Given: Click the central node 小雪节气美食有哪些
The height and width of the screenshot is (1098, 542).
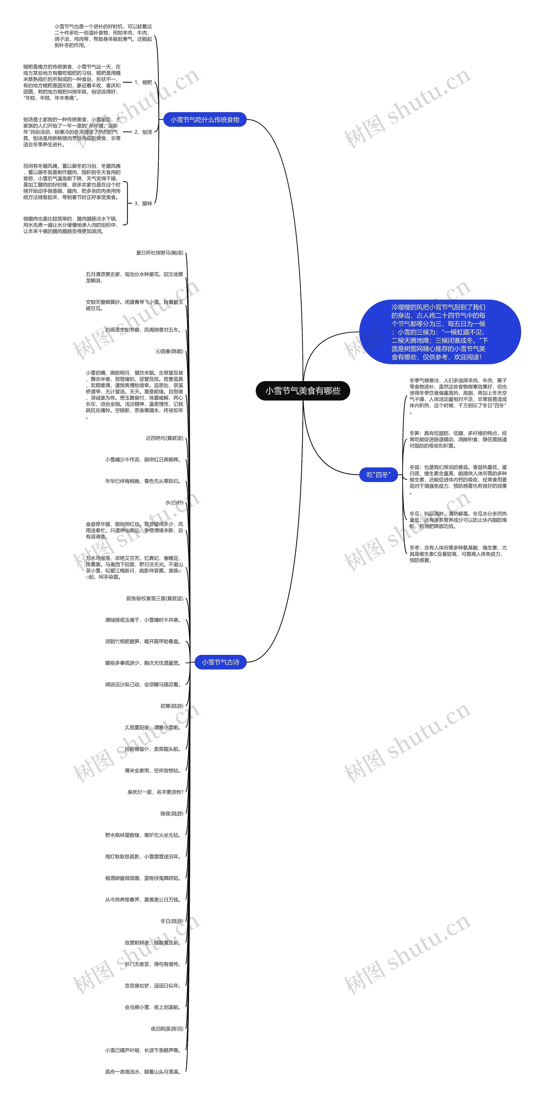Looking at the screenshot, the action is (x=303, y=391).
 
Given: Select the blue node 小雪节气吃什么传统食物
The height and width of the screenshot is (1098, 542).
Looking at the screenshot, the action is (x=205, y=120).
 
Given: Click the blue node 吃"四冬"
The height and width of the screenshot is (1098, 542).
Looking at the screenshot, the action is (x=378, y=474).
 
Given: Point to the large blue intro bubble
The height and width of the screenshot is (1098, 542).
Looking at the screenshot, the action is (x=440, y=332).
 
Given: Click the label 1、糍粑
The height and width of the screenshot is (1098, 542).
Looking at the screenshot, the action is (x=143, y=82).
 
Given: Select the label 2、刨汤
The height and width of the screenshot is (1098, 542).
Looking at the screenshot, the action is (x=143, y=132).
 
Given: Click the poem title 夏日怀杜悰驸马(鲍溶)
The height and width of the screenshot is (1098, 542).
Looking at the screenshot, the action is (x=160, y=253).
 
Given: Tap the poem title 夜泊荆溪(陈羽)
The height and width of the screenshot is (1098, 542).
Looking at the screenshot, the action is (x=167, y=1029).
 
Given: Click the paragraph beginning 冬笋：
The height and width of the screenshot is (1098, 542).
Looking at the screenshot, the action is (x=458, y=440).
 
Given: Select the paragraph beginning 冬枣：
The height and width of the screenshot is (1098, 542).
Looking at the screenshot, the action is (x=458, y=554).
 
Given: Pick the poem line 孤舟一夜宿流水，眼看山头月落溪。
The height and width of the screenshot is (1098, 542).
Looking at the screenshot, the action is (x=143, y=1072).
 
